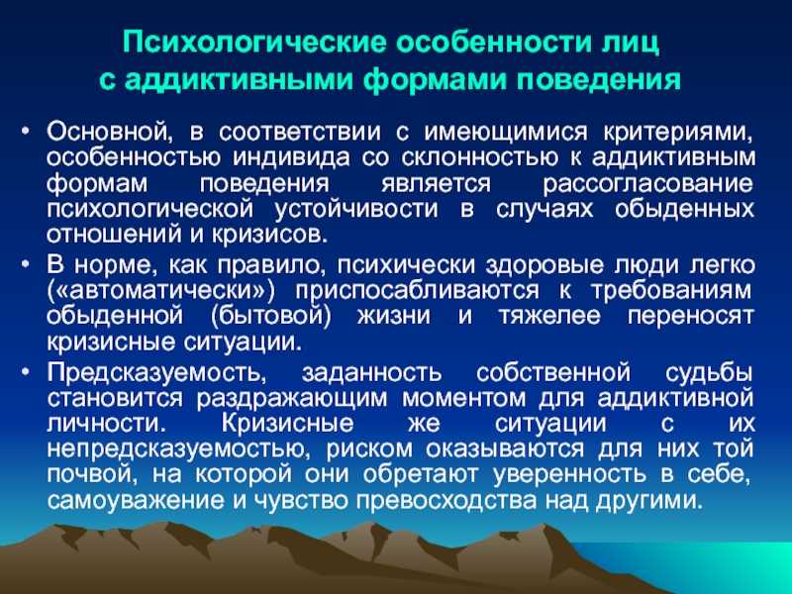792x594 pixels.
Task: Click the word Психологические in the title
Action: (x=254, y=43)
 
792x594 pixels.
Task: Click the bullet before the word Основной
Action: (x=27, y=132)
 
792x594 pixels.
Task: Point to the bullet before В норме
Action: (x=27, y=264)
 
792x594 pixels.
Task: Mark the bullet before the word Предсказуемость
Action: (x=27, y=372)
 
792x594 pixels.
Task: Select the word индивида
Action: (x=290, y=158)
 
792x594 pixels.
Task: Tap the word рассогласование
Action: (x=648, y=184)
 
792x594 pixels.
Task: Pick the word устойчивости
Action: (x=356, y=210)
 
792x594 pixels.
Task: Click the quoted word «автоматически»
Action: (x=161, y=291)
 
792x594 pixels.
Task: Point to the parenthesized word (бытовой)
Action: (x=270, y=317)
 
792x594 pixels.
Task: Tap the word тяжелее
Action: (x=550, y=317)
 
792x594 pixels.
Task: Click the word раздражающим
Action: (x=291, y=399)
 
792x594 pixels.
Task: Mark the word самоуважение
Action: (x=136, y=501)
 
